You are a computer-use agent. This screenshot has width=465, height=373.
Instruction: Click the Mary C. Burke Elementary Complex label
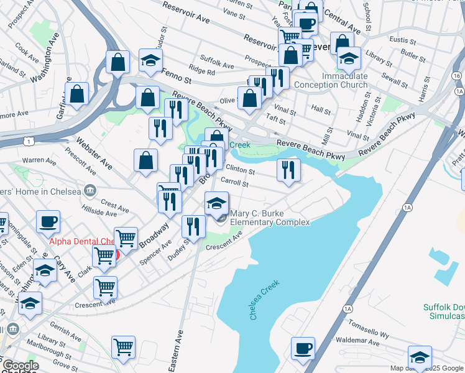(270, 217)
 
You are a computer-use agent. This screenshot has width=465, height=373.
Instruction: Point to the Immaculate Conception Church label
(331, 80)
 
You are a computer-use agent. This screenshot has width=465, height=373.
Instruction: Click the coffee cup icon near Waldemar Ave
(303, 348)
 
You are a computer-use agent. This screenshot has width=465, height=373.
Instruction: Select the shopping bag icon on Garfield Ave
(78, 94)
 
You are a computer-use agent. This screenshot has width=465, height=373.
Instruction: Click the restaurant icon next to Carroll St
(288, 170)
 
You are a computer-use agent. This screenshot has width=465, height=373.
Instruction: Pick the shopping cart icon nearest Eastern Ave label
(123, 348)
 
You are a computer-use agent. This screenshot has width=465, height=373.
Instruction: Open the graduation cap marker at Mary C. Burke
(216, 203)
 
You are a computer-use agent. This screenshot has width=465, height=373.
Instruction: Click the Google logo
(19, 366)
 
